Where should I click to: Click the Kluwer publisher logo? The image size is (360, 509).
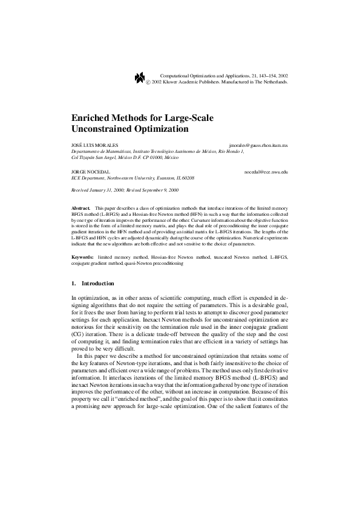click(x=139, y=77)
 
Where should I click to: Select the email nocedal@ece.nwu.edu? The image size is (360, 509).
click(x=266, y=172)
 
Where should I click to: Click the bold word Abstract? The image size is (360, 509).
click(x=80, y=207)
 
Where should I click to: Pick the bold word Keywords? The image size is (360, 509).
click(x=82, y=257)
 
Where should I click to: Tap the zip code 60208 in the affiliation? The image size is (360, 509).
click(x=188, y=178)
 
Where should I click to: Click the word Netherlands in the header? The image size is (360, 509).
click(x=273, y=81)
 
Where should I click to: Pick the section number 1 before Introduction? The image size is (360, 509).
click(x=73, y=283)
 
